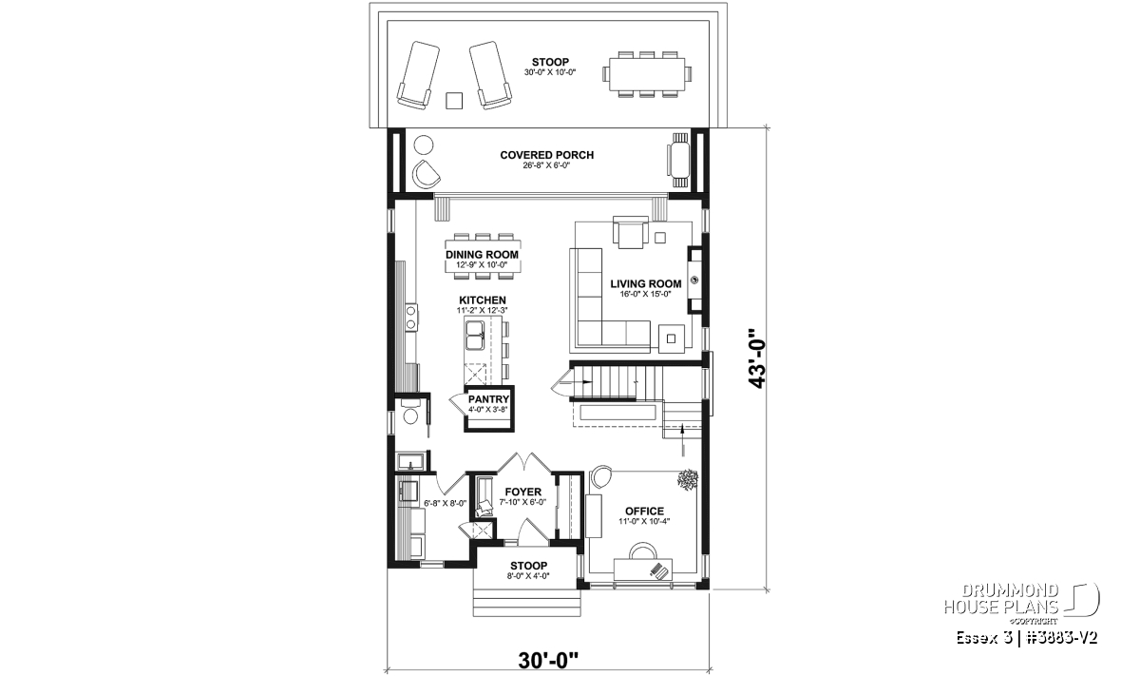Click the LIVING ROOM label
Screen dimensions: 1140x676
(x=646, y=283)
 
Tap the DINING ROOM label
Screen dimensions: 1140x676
(x=482, y=255)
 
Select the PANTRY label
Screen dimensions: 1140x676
(x=488, y=399)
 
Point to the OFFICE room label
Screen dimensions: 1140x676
(x=644, y=511)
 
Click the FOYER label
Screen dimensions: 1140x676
(x=522, y=493)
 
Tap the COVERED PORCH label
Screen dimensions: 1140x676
(x=546, y=155)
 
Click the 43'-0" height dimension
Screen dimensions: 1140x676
(x=757, y=358)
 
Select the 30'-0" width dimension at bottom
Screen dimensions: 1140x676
(x=548, y=661)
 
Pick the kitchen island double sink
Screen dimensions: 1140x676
(x=474, y=336)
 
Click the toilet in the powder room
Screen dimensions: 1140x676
(x=409, y=414)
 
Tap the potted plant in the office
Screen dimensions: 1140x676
(x=687, y=480)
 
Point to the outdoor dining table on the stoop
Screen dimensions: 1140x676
(x=647, y=74)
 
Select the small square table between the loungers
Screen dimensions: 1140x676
(x=454, y=101)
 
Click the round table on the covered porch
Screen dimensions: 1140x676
(x=424, y=145)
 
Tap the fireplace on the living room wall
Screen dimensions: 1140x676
(x=694, y=280)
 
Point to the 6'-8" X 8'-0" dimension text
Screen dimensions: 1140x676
(x=445, y=503)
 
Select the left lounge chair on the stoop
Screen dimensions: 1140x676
(x=418, y=75)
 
